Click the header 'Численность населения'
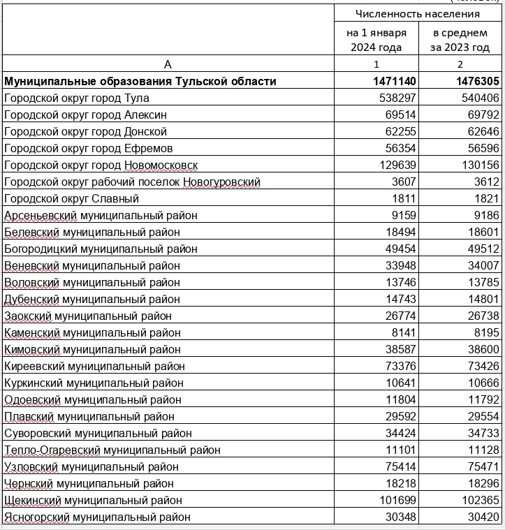click(x=418, y=14)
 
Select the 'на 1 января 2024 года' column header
click(x=376, y=40)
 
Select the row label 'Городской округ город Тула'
click(x=77, y=98)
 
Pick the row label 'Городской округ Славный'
click(x=71, y=199)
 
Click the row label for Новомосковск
click(x=101, y=165)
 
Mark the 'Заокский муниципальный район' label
click(x=88, y=316)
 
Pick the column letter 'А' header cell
click(x=168, y=64)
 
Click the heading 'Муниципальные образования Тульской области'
click(x=140, y=82)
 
